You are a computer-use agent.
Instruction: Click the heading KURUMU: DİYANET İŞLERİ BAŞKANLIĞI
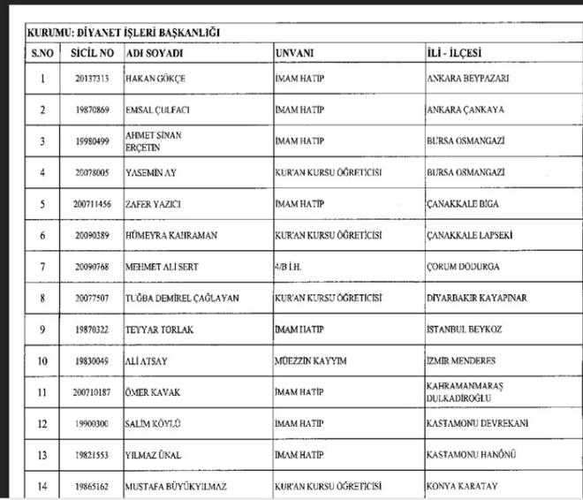pos(124,33)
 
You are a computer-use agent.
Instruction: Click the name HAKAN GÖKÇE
pos(156,79)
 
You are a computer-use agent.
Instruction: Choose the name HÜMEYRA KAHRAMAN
pos(172,236)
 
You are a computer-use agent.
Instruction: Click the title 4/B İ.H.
pos(291,266)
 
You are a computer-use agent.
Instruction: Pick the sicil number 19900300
pos(91,424)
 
